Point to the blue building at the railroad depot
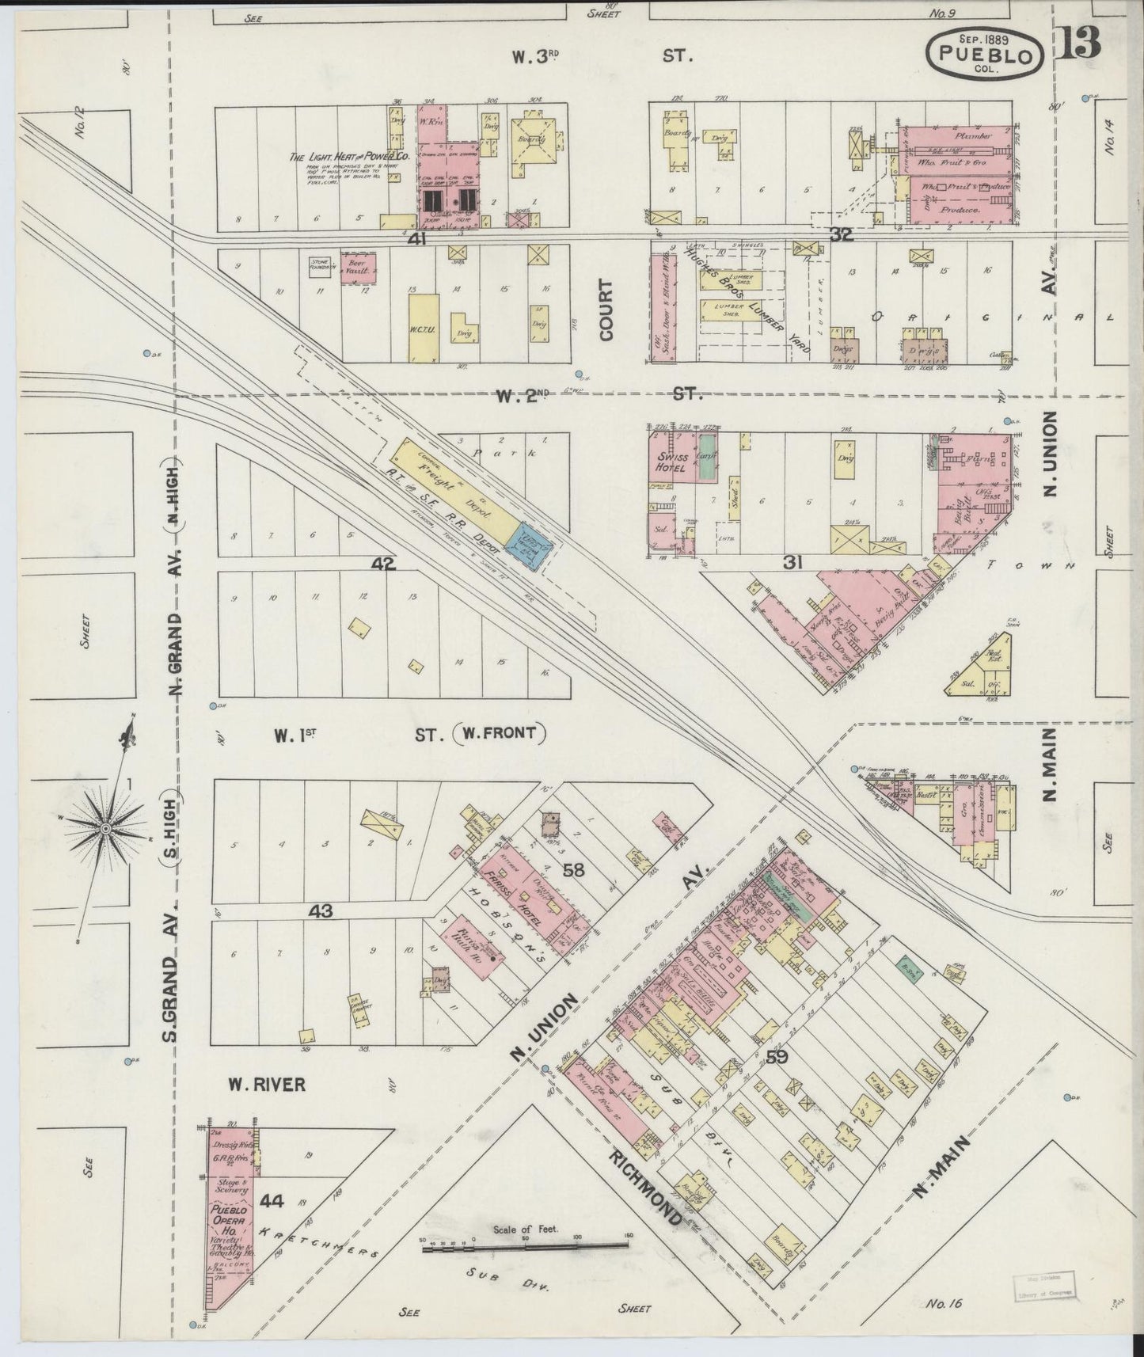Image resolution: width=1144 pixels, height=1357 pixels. tap(530, 545)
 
